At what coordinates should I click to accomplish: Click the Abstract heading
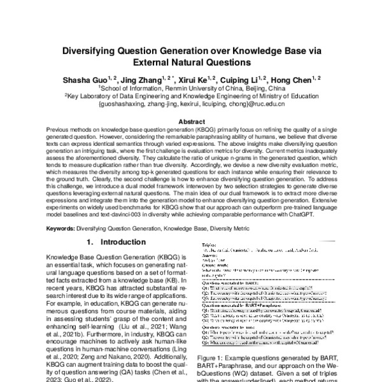pos(191,121)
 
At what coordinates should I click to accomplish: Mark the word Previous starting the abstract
pos(59,129)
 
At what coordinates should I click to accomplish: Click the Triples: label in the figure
pos(211,243)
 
